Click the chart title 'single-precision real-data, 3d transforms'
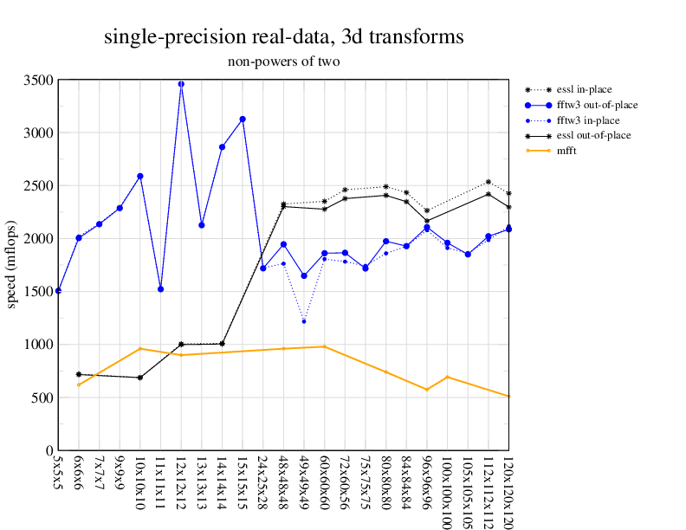283,37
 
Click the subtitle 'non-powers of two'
283,61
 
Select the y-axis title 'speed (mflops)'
12,265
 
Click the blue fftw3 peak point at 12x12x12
181,84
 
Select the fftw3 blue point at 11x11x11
160,288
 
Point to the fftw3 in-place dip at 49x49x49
304,321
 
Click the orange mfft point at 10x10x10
140,349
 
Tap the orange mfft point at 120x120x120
508,397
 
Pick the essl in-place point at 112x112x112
489,182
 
